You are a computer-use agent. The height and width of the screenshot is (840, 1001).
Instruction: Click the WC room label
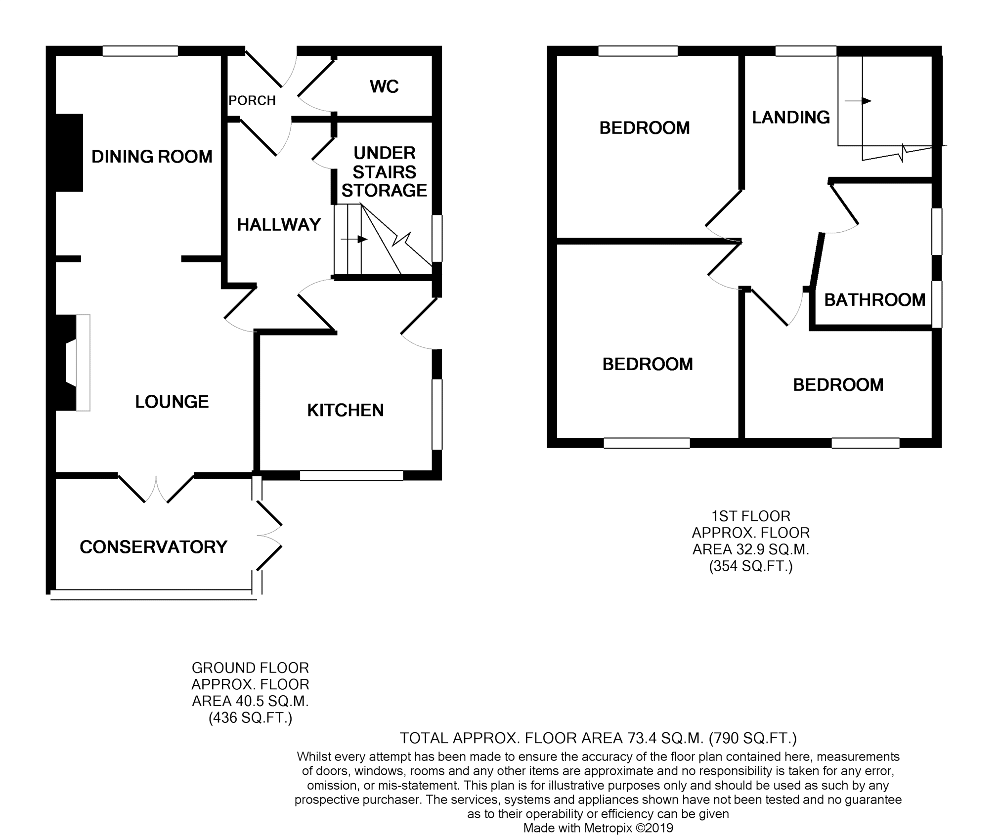click(x=384, y=87)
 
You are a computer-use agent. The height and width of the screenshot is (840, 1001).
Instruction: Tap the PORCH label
click(x=252, y=101)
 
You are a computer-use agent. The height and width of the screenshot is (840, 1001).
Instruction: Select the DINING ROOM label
click(x=152, y=157)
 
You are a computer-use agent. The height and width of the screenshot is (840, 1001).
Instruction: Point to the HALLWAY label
click(x=279, y=225)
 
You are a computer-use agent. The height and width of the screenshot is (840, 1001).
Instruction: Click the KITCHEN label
click(x=345, y=410)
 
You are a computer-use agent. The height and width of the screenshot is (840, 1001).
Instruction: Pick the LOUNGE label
click(x=172, y=402)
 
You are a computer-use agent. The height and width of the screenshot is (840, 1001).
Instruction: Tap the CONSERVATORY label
click(x=153, y=547)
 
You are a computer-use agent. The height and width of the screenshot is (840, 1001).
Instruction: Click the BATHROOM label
click(x=874, y=300)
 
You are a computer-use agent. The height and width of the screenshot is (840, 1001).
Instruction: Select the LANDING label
click(x=790, y=117)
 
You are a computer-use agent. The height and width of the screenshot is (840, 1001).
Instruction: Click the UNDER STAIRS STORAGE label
click(x=384, y=171)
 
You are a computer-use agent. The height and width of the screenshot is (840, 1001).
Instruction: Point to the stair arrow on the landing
click(x=858, y=101)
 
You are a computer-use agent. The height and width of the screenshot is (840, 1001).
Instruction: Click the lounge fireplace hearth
click(x=83, y=362)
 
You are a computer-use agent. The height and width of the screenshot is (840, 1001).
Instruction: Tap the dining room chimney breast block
click(x=69, y=153)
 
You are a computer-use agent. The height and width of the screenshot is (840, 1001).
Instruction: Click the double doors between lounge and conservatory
click(x=156, y=489)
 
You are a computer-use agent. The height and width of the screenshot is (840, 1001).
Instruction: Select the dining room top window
click(x=140, y=51)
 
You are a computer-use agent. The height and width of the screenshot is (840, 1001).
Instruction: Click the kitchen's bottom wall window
click(x=351, y=475)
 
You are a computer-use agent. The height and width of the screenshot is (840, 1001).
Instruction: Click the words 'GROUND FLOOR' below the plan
click(x=250, y=668)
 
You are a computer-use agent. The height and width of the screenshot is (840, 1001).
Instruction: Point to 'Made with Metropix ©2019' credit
click(x=598, y=828)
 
